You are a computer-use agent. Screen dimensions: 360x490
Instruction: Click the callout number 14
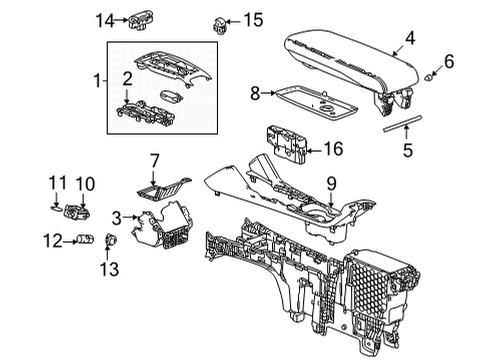(104, 20)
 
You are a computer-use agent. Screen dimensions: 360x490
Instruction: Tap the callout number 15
(254, 19)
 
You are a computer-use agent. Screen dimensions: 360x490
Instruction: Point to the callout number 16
(334, 151)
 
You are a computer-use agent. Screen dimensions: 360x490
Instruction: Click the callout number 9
(331, 183)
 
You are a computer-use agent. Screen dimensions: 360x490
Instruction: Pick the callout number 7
(155, 160)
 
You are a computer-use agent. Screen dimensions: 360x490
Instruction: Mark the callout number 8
(254, 93)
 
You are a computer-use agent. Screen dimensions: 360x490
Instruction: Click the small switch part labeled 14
(139, 19)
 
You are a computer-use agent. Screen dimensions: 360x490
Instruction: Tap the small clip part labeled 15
(218, 22)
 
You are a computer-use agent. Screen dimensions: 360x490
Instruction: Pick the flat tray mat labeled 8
(310, 97)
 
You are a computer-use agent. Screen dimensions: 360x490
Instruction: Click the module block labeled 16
(289, 142)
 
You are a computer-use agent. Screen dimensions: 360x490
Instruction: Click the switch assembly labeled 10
(75, 211)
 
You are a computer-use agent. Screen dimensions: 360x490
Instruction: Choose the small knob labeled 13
(110, 240)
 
